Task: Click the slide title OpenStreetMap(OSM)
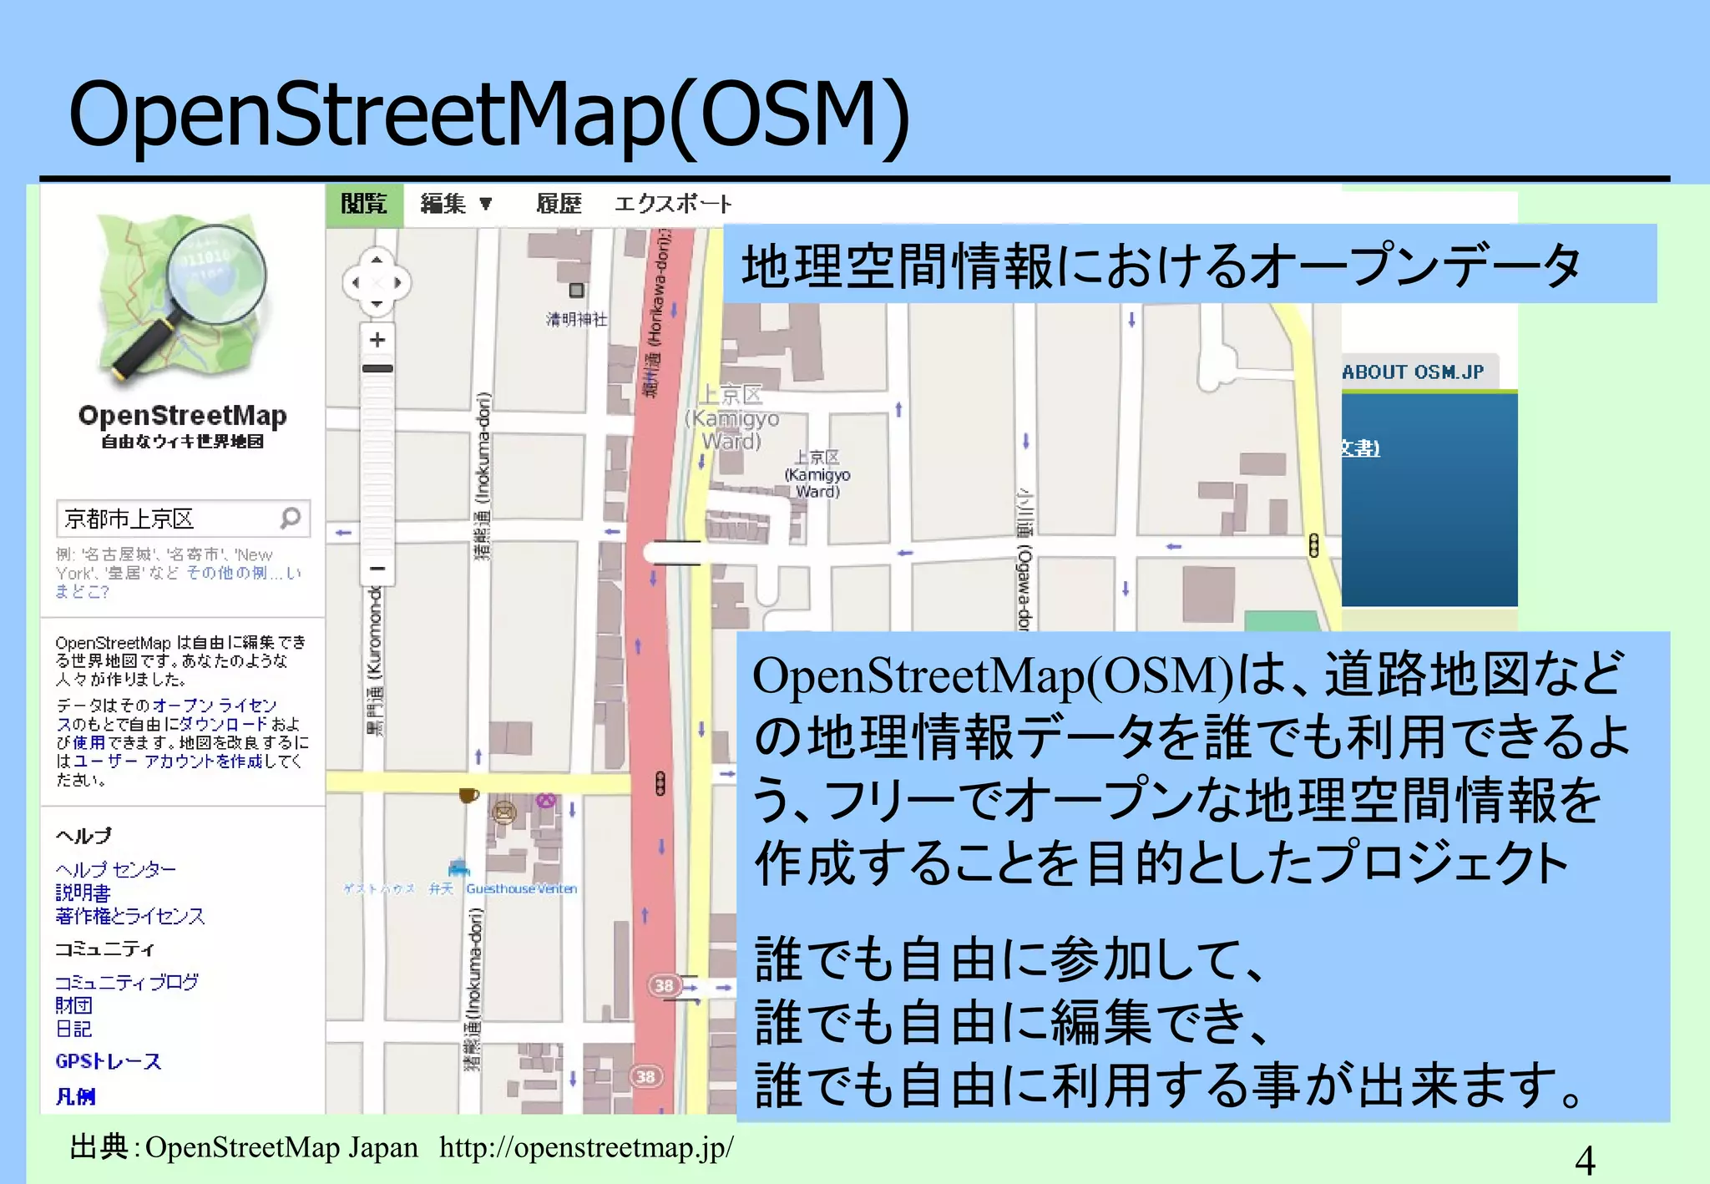pyautogui.click(x=488, y=114)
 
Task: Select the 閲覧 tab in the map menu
pyautogui.click(x=364, y=204)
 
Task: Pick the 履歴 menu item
pyautogui.click(x=559, y=204)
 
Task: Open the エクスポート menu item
pyautogui.click(x=673, y=204)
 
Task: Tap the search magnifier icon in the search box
pyautogui.click(x=291, y=519)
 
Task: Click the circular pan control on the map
pyautogui.click(x=377, y=282)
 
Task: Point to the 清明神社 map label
pyautogui.click(x=576, y=319)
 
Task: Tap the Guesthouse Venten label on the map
pyautogui.click(x=521, y=888)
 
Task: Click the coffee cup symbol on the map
pyautogui.click(x=468, y=795)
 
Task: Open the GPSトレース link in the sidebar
pyautogui.click(x=108, y=1061)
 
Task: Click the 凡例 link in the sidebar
pyautogui.click(x=75, y=1096)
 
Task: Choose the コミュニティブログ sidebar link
pyautogui.click(x=127, y=982)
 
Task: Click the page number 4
pyautogui.click(x=1584, y=1161)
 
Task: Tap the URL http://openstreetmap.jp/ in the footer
pyautogui.click(x=586, y=1147)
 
